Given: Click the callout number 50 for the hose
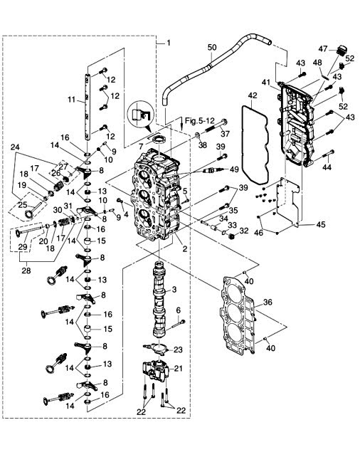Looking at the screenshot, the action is tap(212, 47).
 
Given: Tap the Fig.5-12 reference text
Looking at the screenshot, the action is tap(200, 120).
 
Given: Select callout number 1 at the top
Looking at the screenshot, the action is tap(169, 43).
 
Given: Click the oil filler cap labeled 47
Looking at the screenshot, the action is tap(342, 51).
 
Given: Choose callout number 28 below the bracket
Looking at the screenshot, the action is tap(26, 271).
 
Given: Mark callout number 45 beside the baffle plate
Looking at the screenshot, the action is tap(321, 224).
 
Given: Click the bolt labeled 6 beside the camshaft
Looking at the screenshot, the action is tap(178, 324).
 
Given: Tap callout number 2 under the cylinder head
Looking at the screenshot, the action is tap(184, 248).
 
